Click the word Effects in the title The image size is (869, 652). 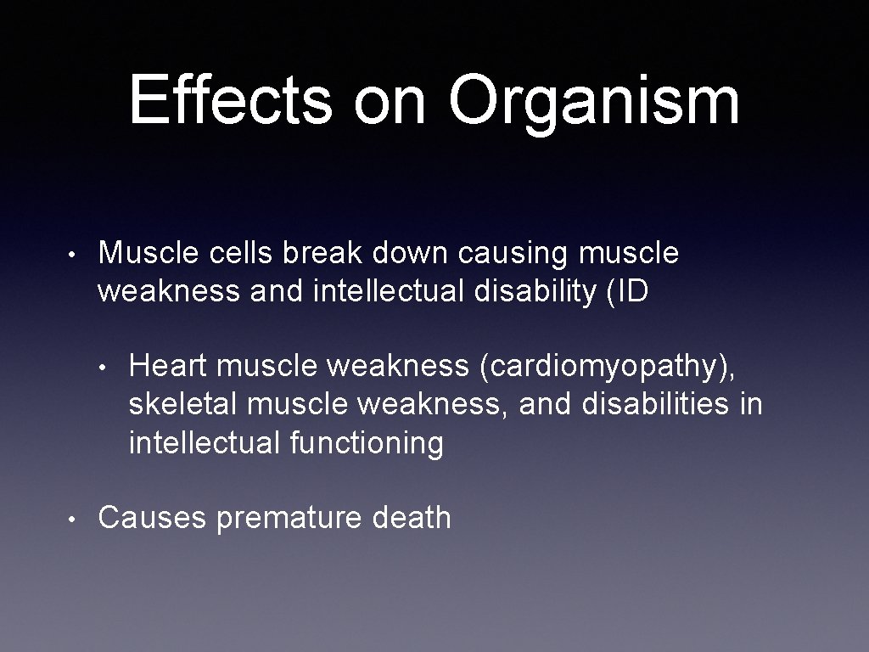(x=230, y=99)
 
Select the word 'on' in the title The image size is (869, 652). (x=391, y=104)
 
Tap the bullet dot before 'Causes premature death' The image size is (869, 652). (x=75, y=518)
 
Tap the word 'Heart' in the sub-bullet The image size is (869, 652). (x=167, y=367)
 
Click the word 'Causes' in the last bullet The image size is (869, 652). (x=152, y=517)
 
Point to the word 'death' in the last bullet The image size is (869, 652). (x=412, y=517)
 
